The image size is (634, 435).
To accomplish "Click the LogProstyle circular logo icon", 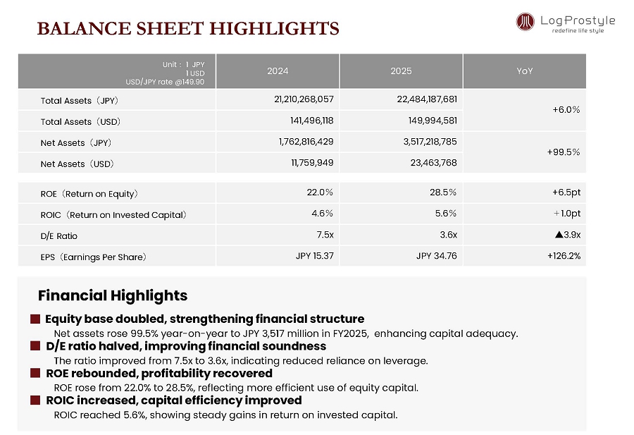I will (x=525, y=22).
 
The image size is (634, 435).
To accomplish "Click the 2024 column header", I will (x=278, y=71).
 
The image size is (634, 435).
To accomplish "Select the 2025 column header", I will (x=401, y=71).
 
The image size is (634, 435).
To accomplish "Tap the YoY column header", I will (x=524, y=71).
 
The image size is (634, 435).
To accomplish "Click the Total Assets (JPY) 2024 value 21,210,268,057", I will (x=304, y=100).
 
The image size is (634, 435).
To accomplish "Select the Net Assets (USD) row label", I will (x=77, y=164).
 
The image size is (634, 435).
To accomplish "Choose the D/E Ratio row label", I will (x=59, y=235).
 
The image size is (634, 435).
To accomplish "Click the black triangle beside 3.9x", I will (x=559, y=235).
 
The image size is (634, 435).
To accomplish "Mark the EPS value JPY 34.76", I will (x=436, y=256).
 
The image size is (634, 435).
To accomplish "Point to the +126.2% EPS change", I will (x=564, y=256).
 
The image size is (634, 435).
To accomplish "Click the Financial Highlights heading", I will (x=113, y=295).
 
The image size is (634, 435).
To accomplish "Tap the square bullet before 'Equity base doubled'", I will (x=35, y=319).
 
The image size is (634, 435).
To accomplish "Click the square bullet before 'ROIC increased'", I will (x=35, y=400).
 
